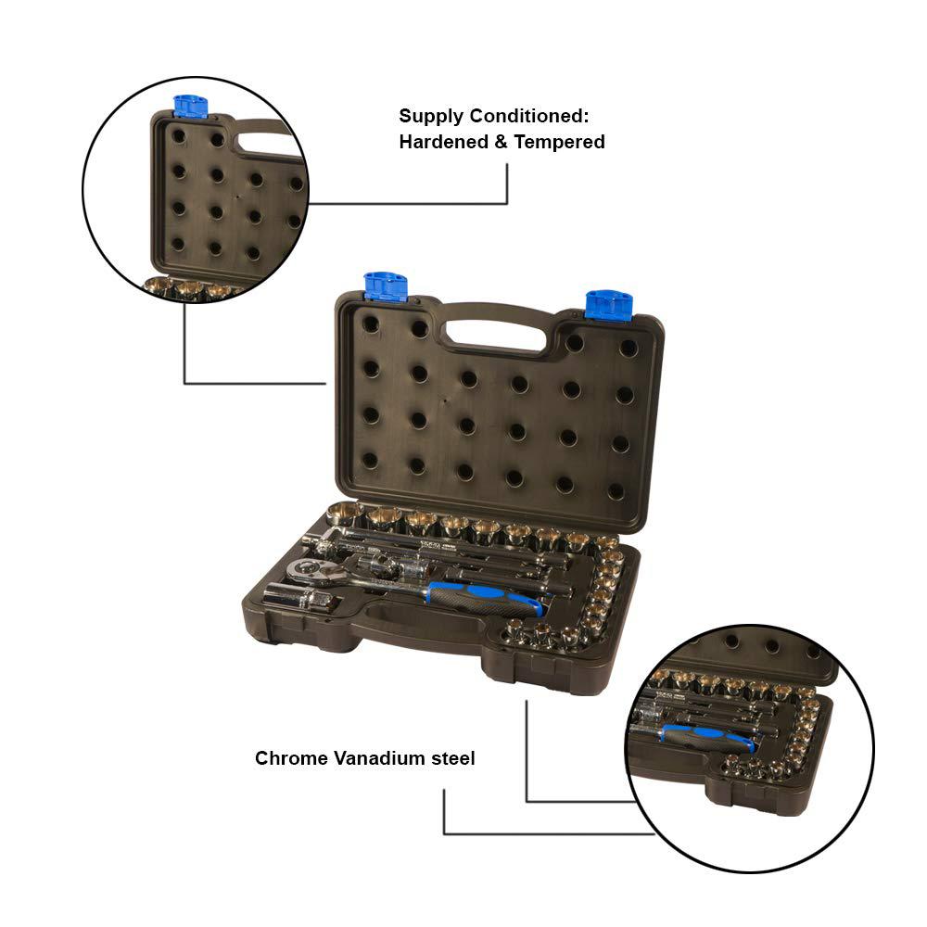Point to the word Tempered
click(559, 143)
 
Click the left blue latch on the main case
click(386, 286)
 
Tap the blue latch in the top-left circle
click(190, 107)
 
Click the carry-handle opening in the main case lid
click(495, 334)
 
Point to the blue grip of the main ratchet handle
click(485, 598)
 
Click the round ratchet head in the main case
click(310, 570)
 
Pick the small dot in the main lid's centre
click(445, 400)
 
